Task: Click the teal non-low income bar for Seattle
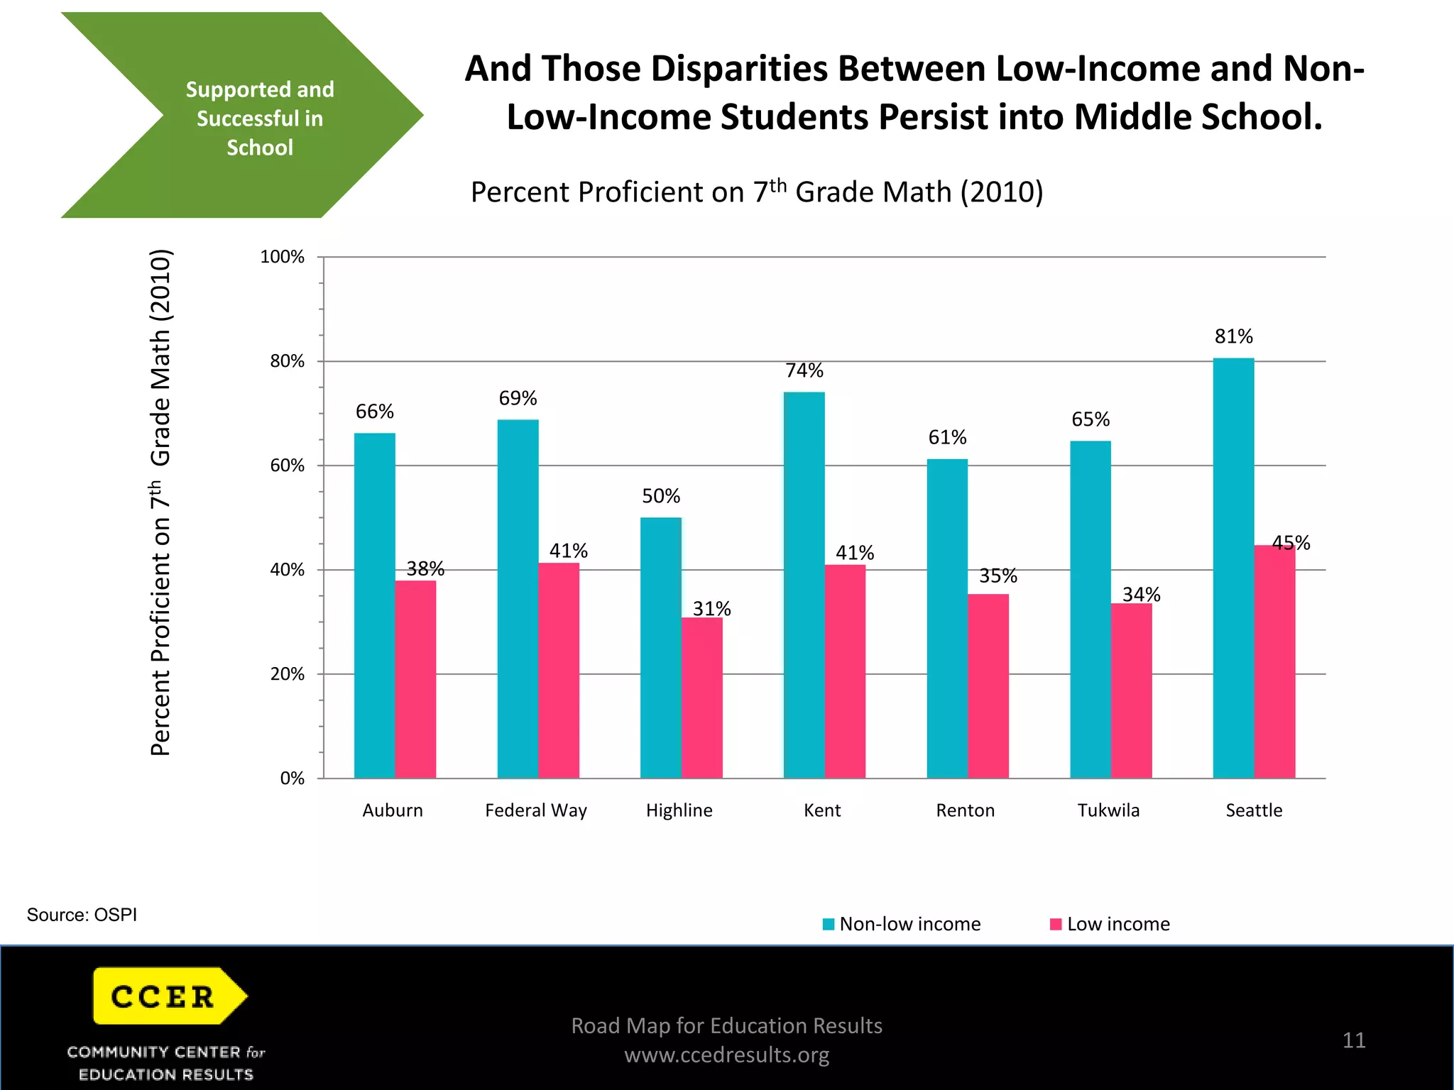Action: pyautogui.click(x=1233, y=568)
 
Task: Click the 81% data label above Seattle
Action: pyautogui.click(x=1233, y=336)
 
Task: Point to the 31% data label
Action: pyautogui.click(x=711, y=609)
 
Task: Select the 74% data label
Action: pyautogui.click(x=804, y=370)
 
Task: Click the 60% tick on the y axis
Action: pyautogui.click(x=287, y=466)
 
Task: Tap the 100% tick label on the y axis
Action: pyautogui.click(x=282, y=257)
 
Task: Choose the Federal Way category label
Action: pyautogui.click(x=536, y=810)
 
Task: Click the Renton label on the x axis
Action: pyautogui.click(x=965, y=810)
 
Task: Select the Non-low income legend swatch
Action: pyautogui.click(x=828, y=924)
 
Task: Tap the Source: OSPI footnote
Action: pyautogui.click(x=82, y=915)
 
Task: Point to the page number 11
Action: pyautogui.click(x=1353, y=1040)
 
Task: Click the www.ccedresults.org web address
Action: pyautogui.click(x=726, y=1055)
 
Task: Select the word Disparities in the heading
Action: pyautogui.click(x=738, y=69)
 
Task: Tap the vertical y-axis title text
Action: pyautogui.click(x=161, y=502)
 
